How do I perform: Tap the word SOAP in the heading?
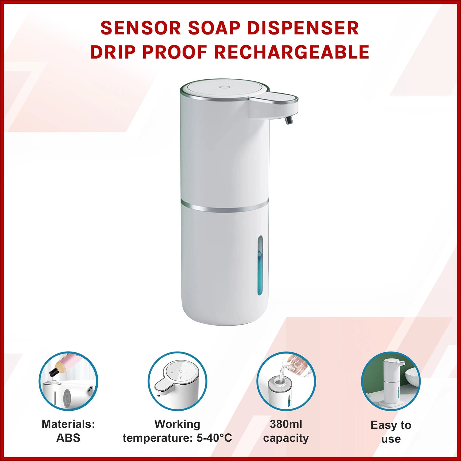click(214, 28)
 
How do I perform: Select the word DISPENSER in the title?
click(303, 28)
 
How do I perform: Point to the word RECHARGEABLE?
click(292, 52)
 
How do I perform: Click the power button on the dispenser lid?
click(223, 87)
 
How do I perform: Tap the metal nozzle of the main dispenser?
click(289, 119)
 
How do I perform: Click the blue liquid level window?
click(260, 265)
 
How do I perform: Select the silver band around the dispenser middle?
click(225, 206)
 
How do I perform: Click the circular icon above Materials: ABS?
click(68, 381)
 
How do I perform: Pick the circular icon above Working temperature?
click(177, 381)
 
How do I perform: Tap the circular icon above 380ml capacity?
click(286, 381)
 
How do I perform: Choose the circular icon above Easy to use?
click(391, 381)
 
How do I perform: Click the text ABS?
click(68, 438)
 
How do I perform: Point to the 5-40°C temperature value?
click(214, 438)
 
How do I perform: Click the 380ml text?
click(286, 424)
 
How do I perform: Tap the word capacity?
click(286, 438)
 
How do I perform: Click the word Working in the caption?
click(177, 424)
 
